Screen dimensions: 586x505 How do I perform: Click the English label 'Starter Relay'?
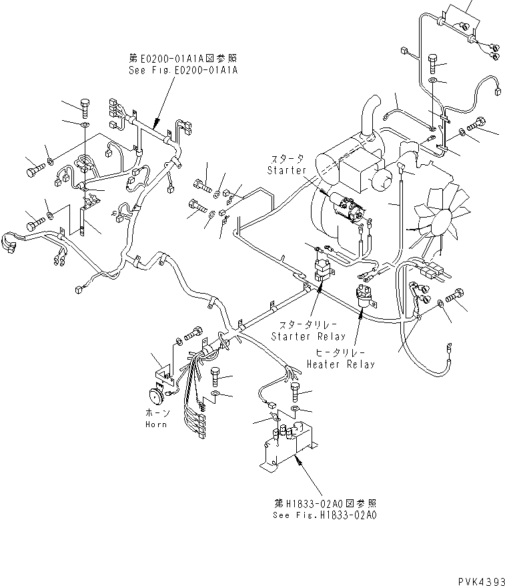coord(308,336)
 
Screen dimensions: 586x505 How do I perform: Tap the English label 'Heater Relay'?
coord(340,364)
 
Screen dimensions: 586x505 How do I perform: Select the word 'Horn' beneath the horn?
coord(156,424)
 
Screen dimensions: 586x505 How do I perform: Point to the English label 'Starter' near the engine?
coord(286,170)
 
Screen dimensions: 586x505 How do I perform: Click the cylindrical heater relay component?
coord(364,295)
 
